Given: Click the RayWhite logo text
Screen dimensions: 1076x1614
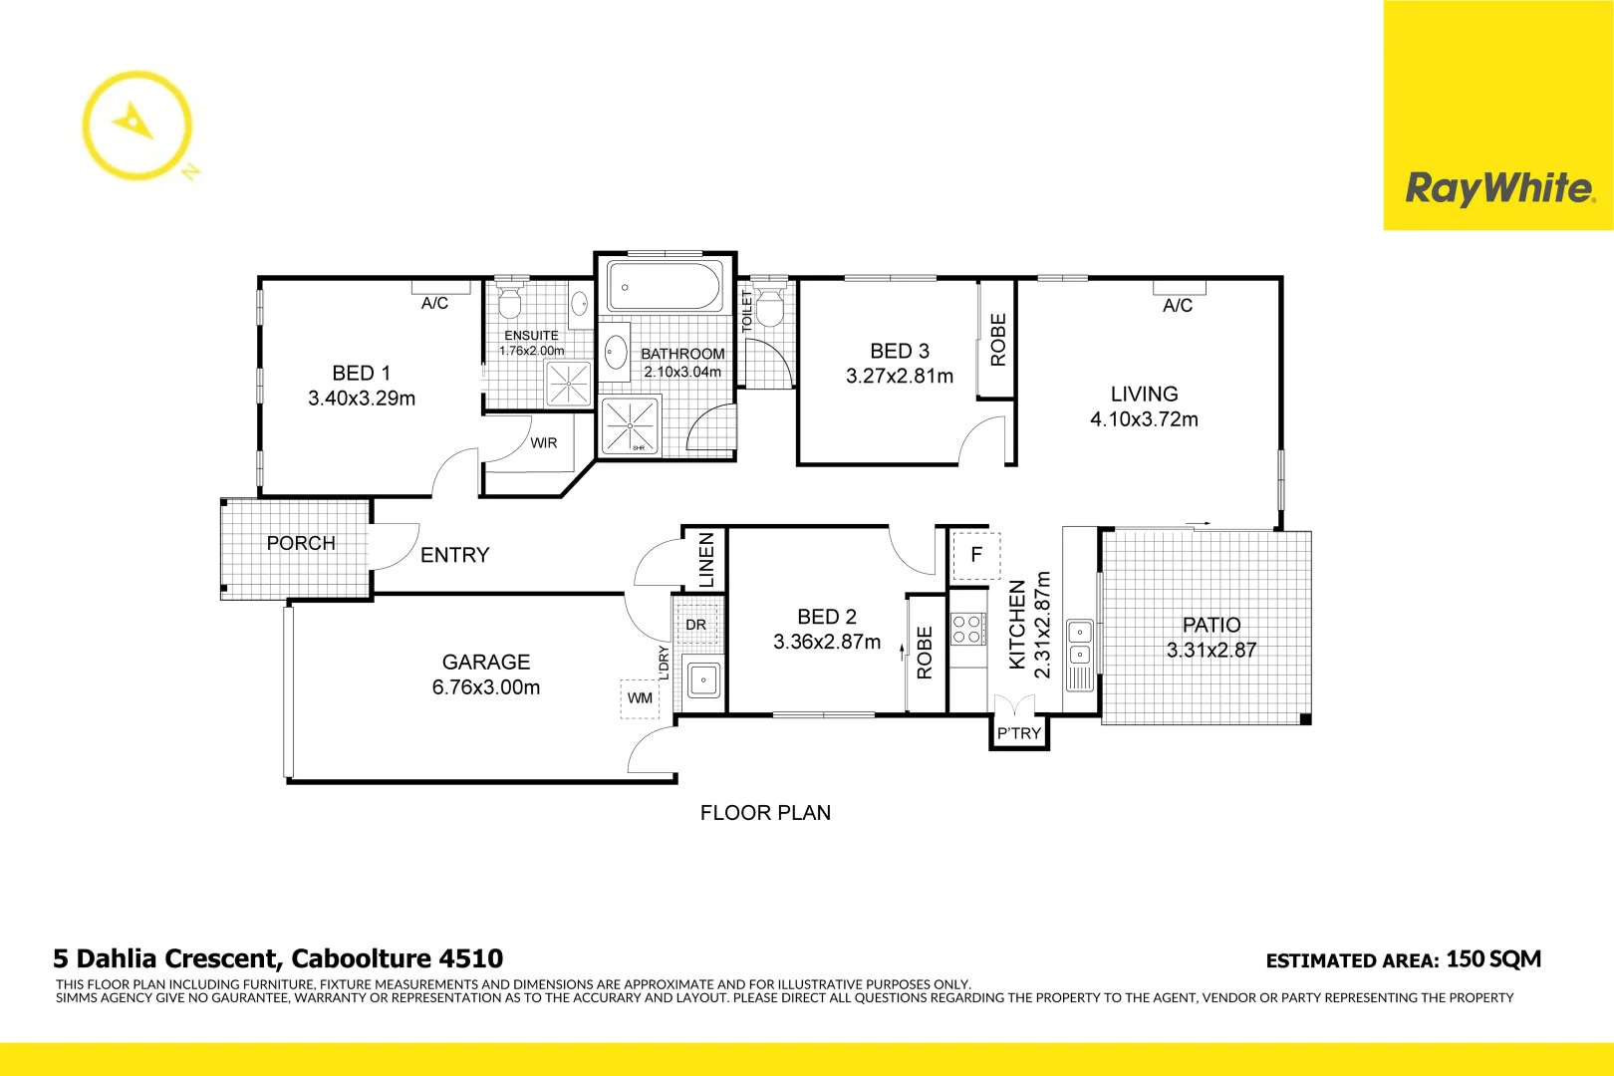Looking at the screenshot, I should point(1498,187).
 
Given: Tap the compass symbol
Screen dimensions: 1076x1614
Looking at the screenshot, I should point(135,125).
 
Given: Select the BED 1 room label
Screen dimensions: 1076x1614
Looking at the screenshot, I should point(361,373).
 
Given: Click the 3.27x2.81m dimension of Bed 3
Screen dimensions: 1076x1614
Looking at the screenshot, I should point(899,377).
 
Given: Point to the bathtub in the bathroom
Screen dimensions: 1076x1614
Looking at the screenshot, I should point(665,287).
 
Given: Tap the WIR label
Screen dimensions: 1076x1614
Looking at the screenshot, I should point(544,443).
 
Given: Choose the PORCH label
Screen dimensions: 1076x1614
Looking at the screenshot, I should point(301,543).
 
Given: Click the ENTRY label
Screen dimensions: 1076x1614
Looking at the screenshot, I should point(454,555).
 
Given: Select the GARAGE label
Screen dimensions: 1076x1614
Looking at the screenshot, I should point(486,662).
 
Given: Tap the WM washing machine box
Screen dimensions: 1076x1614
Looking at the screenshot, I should point(640,698).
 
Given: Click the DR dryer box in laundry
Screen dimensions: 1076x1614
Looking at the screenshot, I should point(696,625).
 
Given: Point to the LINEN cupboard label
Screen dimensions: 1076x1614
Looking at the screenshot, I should point(706,560).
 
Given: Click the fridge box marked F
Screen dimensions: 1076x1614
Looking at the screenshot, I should point(976,555).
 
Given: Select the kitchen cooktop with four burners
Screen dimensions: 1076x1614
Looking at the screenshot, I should point(966,629).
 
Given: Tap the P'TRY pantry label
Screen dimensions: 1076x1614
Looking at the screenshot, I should point(1019,734).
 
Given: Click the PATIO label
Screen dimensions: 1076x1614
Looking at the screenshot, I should point(1211,625).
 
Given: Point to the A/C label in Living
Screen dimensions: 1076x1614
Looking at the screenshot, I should point(1178,306).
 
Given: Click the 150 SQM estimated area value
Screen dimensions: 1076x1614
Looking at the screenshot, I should point(1493,959).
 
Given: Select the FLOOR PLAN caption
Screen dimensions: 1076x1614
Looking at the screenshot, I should point(765,813).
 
